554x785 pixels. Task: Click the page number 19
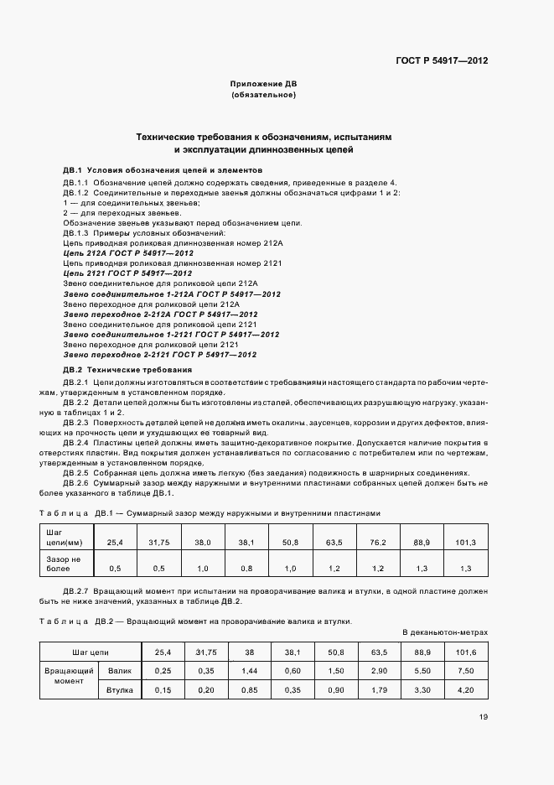click(x=484, y=716)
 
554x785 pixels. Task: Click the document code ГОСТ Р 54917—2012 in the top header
click(x=443, y=61)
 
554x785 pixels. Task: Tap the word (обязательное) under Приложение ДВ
click(x=263, y=95)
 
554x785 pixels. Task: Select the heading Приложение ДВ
click(x=263, y=84)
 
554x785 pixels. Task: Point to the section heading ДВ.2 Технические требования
click(x=127, y=369)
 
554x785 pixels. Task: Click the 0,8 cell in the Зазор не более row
click(x=246, y=568)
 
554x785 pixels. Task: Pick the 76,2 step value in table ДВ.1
click(x=378, y=543)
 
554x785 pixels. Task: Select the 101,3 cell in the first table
click(x=465, y=543)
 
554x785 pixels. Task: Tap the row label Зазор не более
click(x=63, y=563)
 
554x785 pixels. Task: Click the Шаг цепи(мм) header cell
click(x=63, y=538)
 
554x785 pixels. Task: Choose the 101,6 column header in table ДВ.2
click(x=465, y=651)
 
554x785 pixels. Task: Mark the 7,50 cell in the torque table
click(x=465, y=671)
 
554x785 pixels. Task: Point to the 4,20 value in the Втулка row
click(x=465, y=690)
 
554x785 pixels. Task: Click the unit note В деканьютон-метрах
click(x=444, y=632)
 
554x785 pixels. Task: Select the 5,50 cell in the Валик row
click(x=422, y=671)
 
